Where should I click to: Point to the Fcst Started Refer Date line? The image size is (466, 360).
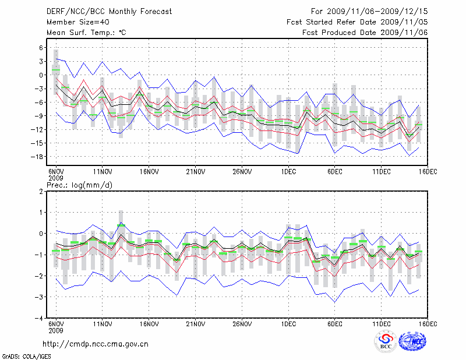(x=357, y=22)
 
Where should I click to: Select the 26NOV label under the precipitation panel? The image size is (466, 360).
(x=242, y=323)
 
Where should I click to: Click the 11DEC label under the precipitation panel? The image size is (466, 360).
(x=381, y=323)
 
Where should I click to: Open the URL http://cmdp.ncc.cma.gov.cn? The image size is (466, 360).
(x=96, y=344)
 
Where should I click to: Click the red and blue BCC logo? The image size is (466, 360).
(x=385, y=342)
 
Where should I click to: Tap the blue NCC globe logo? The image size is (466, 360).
(x=412, y=342)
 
